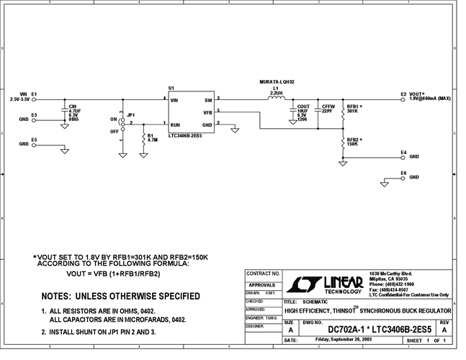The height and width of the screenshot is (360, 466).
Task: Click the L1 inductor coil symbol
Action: click(x=277, y=100)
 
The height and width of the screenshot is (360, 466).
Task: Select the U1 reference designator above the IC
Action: click(x=171, y=88)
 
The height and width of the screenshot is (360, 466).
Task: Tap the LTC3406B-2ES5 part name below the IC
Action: click(x=189, y=135)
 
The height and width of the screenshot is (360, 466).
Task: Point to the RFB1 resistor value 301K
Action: click(x=353, y=111)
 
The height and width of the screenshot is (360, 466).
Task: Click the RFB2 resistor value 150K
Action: click(x=353, y=144)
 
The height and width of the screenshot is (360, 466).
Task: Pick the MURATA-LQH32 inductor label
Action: click(x=276, y=82)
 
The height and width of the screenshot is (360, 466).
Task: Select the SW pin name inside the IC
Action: click(x=208, y=100)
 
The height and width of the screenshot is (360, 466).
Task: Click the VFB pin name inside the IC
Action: click(x=207, y=112)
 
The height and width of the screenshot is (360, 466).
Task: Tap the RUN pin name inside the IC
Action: click(x=175, y=125)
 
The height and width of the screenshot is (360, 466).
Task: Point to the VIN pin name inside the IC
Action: click(x=174, y=100)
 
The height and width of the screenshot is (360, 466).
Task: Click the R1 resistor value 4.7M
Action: click(x=152, y=139)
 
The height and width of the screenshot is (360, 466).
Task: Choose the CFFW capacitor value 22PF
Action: click(x=328, y=111)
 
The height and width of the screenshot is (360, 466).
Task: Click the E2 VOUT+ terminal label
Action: click(x=413, y=94)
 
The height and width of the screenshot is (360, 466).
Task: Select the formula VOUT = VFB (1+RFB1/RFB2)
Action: click(x=112, y=274)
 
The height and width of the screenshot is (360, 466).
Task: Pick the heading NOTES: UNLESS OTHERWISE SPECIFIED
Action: click(x=120, y=296)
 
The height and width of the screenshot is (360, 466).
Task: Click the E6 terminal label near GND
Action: click(x=403, y=173)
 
